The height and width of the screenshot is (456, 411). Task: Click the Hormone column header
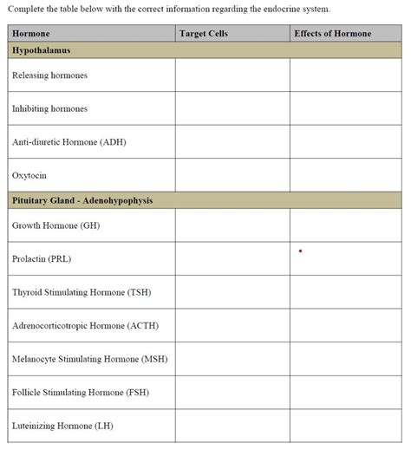point(31,34)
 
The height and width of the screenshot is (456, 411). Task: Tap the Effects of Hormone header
point(332,34)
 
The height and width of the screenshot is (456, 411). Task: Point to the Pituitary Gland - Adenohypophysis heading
point(82,200)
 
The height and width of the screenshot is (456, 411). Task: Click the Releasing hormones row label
point(49,75)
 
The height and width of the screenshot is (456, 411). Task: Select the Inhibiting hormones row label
point(49,108)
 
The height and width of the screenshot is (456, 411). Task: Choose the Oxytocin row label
point(29,175)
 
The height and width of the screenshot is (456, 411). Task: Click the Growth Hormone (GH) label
point(56,225)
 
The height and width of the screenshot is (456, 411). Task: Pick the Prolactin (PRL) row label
point(42,258)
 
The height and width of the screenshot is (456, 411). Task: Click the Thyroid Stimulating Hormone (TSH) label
point(82,292)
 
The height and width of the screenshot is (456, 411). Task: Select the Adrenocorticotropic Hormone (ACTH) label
point(85,325)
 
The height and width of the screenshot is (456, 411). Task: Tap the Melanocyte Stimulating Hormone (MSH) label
point(89,358)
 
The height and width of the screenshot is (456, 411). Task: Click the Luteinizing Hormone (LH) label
point(62,426)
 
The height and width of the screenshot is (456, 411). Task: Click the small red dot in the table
point(300,251)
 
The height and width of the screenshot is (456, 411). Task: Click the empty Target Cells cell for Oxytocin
point(232,175)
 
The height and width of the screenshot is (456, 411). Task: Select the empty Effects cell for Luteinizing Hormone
point(345,426)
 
